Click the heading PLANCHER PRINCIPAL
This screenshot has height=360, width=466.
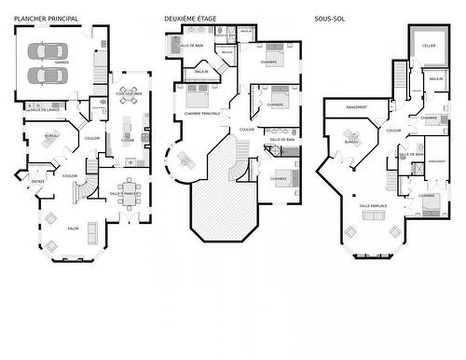[x=46, y=18]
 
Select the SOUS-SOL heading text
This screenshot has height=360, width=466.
[x=330, y=18]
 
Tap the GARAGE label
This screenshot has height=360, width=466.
[x=62, y=62]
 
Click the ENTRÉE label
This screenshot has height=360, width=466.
[x=38, y=182]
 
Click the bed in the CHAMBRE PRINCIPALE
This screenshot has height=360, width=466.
[x=198, y=95]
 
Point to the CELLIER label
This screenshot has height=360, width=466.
[x=428, y=46]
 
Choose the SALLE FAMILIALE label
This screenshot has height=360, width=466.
[x=373, y=205]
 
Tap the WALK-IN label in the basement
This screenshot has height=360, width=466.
[x=436, y=79]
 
